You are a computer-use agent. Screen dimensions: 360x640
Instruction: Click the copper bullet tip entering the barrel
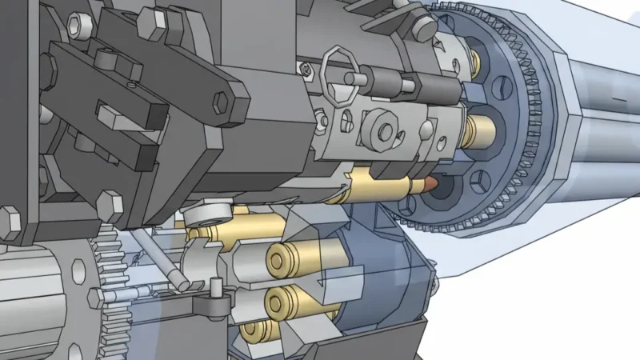[433, 183]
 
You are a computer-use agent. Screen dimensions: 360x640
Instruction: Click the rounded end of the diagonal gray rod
[182, 283]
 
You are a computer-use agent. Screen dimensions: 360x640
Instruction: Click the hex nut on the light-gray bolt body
[382, 130]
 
